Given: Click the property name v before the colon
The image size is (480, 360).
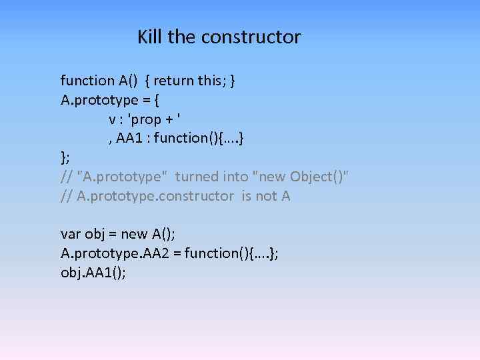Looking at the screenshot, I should click(x=112, y=119).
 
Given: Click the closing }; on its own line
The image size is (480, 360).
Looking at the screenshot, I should click(x=65, y=157).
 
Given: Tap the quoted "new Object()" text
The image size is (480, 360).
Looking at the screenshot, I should click(x=301, y=177).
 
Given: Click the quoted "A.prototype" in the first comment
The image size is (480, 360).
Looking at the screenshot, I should click(x=123, y=177).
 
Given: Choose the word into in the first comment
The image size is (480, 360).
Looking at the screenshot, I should click(x=235, y=177).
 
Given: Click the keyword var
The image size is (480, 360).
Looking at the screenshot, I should click(x=71, y=234).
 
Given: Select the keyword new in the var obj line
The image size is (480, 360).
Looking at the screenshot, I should click(x=134, y=234).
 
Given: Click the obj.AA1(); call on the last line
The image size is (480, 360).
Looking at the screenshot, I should click(x=93, y=273).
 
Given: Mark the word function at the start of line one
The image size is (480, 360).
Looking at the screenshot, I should click(x=87, y=81).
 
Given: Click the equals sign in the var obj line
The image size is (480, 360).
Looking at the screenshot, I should click(x=113, y=234).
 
